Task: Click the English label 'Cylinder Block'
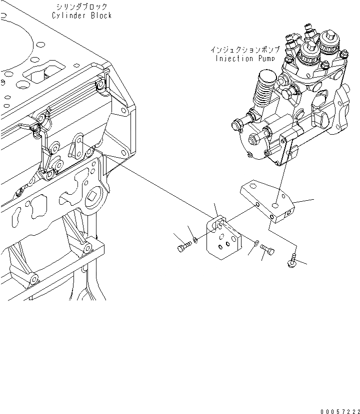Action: [x=82, y=16]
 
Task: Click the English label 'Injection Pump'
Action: [x=241, y=58]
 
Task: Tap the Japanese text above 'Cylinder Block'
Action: [x=82, y=7]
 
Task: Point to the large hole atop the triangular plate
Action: [x=276, y=205]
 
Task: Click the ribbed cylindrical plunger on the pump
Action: [x=265, y=90]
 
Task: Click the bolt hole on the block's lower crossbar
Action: [x=88, y=246]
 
